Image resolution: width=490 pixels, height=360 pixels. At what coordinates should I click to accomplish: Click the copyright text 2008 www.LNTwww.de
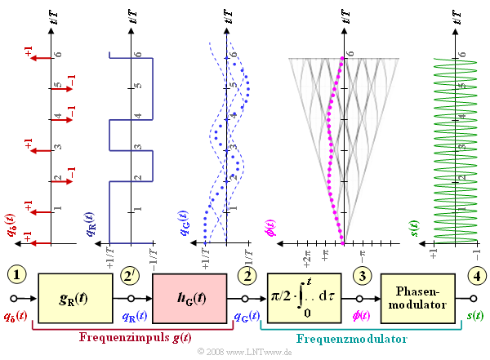click(244, 351)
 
